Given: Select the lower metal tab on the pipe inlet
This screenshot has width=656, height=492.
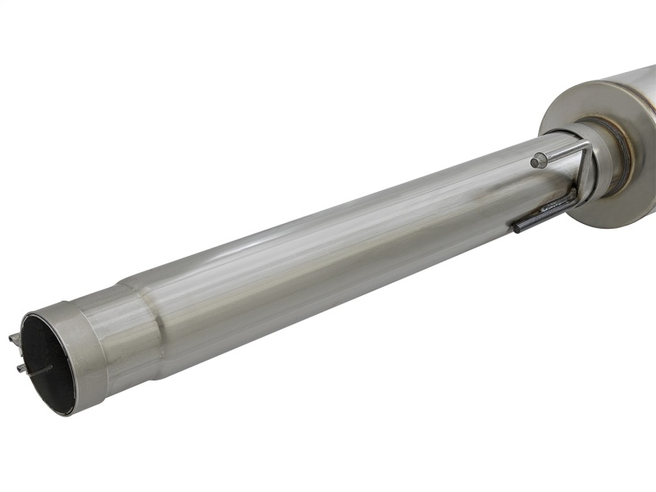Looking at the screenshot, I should (x=20, y=368).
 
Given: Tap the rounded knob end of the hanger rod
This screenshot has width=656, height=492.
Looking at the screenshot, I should (x=538, y=162).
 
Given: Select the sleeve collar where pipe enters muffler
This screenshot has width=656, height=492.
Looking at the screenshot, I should (x=607, y=164).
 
